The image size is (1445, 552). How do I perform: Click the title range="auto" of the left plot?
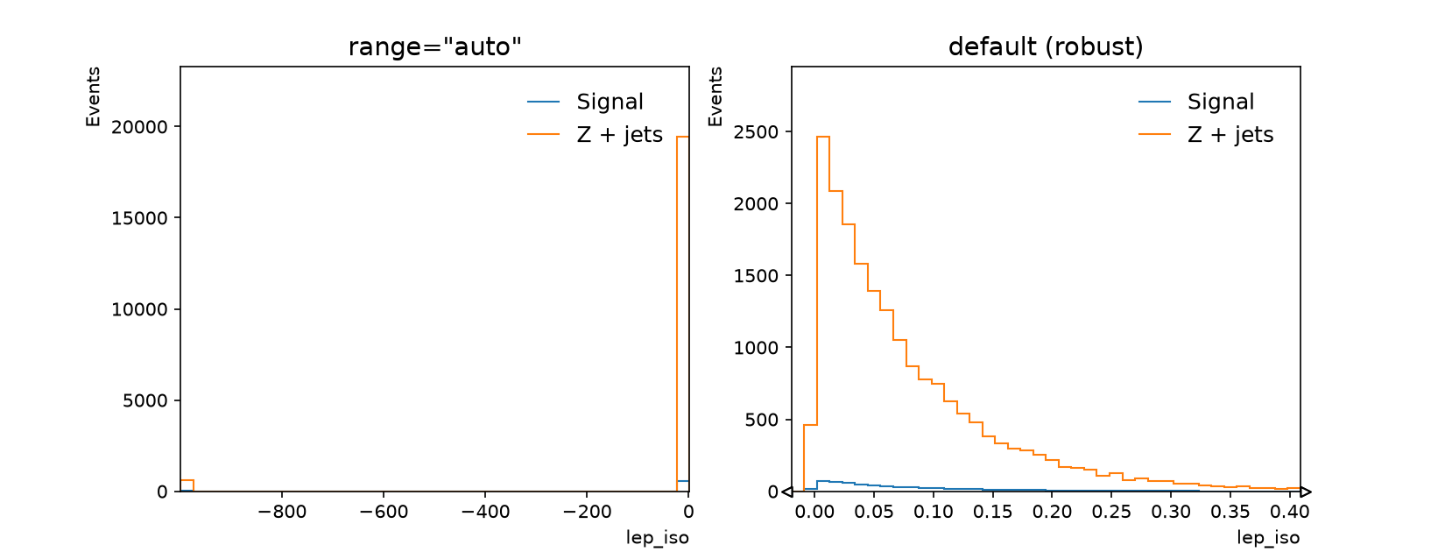[x=434, y=46]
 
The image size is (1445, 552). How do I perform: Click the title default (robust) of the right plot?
[x=1046, y=46]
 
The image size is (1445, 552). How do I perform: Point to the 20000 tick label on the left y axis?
[x=138, y=126]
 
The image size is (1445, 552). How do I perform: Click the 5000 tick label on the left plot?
[x=144, y=400]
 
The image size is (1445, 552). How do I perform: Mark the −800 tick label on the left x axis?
[x=282, y=512]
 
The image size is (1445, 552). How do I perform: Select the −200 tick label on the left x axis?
[x=587, y=512]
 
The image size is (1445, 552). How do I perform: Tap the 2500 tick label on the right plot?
[x=756, y=131]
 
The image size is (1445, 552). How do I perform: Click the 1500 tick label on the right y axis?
[x=756, y=276]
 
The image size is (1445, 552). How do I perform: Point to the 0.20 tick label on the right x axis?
[x=1052, y=512]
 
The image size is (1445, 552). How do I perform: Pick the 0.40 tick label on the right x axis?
[x=1289, y=512]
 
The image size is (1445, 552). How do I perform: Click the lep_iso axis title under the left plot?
[x=658, y=538]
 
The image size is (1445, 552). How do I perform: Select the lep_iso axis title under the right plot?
[x=1268, y=538]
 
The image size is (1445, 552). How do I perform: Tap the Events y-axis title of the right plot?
[x=715, y=96]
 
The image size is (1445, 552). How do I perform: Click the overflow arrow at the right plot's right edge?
[x=1306, y=492]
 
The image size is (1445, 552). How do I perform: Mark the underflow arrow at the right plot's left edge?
[x=786, y=492]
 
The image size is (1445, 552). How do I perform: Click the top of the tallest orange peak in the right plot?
[x=823, y=137]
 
